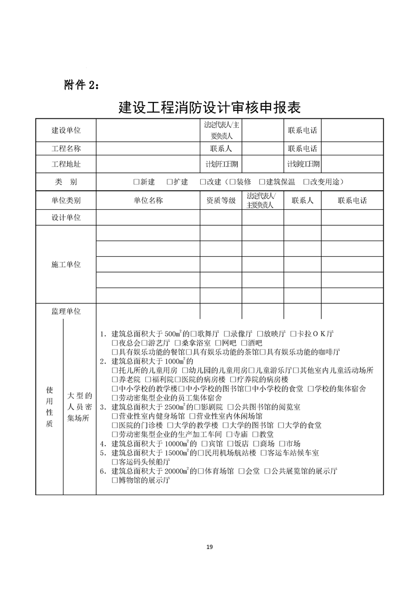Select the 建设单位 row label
(x=66, y=131)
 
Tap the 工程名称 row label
(x=66, y=149)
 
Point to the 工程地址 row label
(x=66, y=164)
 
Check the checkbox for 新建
(x=137, y=182)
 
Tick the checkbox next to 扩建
(x=170, y=182)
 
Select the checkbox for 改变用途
(x=307, y=182)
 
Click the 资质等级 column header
(x=221, y=201)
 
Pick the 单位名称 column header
(x=148, y=201)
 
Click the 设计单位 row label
(x=66, y=217)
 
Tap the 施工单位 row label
(x=66, y=264)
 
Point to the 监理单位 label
(x=66, y=312)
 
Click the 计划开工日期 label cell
(x=221, y=164)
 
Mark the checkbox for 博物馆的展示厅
(x=115, y=480)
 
